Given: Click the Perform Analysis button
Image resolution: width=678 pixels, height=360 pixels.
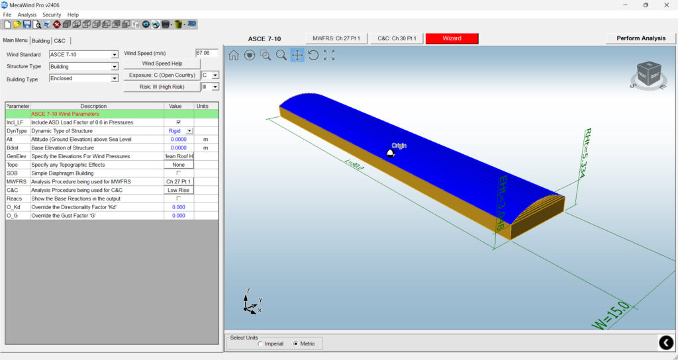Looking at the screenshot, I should [641, 38].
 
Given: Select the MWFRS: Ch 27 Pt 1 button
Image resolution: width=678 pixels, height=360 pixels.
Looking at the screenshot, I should [336, 38].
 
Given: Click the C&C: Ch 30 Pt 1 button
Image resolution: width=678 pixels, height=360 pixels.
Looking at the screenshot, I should [397, 38].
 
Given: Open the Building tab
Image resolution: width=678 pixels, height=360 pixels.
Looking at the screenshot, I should [41, 40].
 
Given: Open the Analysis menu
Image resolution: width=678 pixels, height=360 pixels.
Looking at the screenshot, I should [27, 15].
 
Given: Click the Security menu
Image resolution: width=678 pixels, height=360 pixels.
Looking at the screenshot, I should [52, 15].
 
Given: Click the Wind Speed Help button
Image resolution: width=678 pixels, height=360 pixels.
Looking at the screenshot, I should [162, 64].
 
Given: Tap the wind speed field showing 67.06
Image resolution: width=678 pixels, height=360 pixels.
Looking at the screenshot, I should [207, 53].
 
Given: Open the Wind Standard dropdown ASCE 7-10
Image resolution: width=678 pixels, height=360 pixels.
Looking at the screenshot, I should [83, 55].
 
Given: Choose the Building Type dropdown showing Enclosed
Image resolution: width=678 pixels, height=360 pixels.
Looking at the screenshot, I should [83, 78].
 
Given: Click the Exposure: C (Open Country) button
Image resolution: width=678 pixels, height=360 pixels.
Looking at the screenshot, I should [162, 75].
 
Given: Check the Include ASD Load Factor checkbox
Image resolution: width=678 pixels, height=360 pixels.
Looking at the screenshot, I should [178, 122].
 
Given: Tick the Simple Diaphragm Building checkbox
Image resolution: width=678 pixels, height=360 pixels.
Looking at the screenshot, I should [178, 173].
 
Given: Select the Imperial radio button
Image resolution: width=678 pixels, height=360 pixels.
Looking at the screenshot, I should [260, 343].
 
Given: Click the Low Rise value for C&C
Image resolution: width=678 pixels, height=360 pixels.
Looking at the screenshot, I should [179, 190].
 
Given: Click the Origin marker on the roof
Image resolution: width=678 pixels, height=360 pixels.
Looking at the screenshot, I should [391, 153].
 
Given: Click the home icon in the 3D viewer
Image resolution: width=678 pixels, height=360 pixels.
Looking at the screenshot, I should [234, 56].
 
